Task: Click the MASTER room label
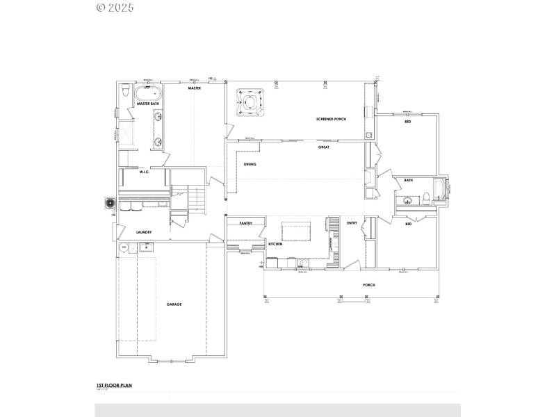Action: click(x=195, y=89)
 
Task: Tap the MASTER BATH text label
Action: click(x=148, y=104)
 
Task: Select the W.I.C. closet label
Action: click(x=145, y=172)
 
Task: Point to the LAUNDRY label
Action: click(x=144, y=232)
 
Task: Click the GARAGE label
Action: click(x=174, y=304)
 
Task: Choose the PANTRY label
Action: click(x=245, y=223)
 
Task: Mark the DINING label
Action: click(x=250, y=165)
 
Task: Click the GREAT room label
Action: click(x=324, y=147)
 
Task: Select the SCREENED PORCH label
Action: click(x=331, y=120)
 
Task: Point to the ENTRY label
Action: click(x=352, y=223)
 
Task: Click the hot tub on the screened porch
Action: click(x=250, y=102)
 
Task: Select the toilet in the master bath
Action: click(x=124, y=91)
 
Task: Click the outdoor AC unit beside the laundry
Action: click(x=109, y=203)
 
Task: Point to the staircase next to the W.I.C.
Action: click(x=199, y=202)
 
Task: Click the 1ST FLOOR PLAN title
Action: click(x=114, y=384)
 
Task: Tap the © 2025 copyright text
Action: click(x=115, y=8)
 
